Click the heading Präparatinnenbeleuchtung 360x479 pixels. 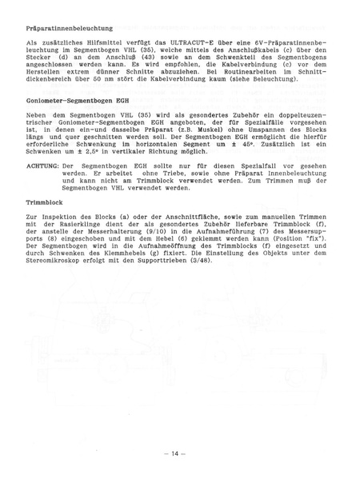point(69,29)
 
